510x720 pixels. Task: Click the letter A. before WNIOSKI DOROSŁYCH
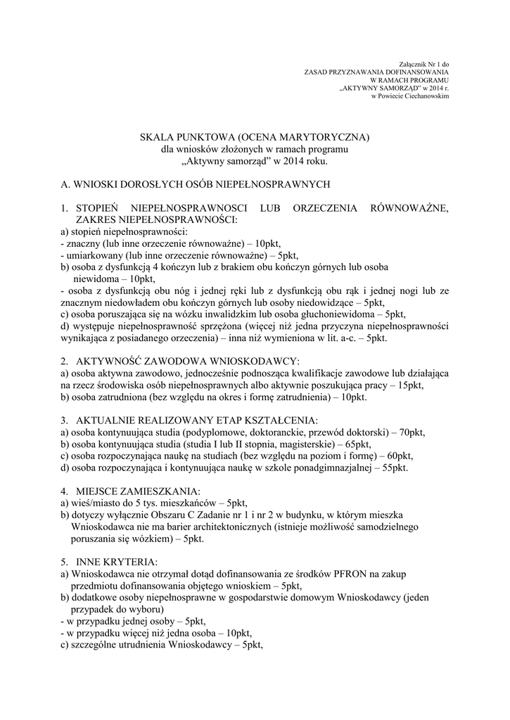pos(65,184)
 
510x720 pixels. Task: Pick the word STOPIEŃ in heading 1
pos(101,209)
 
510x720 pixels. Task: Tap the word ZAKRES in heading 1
pos(99,220)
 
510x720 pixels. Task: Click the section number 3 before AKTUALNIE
pos(64,420)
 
